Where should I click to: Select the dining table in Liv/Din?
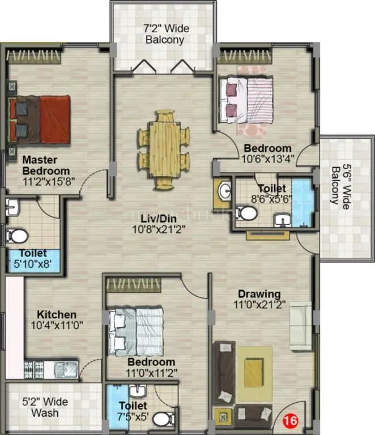(x=164, y=148)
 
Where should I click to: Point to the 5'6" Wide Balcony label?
(x=340, y=186)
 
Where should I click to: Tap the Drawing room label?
(x=259, y=294)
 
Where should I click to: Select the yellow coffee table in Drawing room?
(x=254, y=371)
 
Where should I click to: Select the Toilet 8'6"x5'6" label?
(x=272, y=188)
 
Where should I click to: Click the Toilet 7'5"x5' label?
(x=133, y=406)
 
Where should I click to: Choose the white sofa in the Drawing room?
(x=300, y=326)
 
